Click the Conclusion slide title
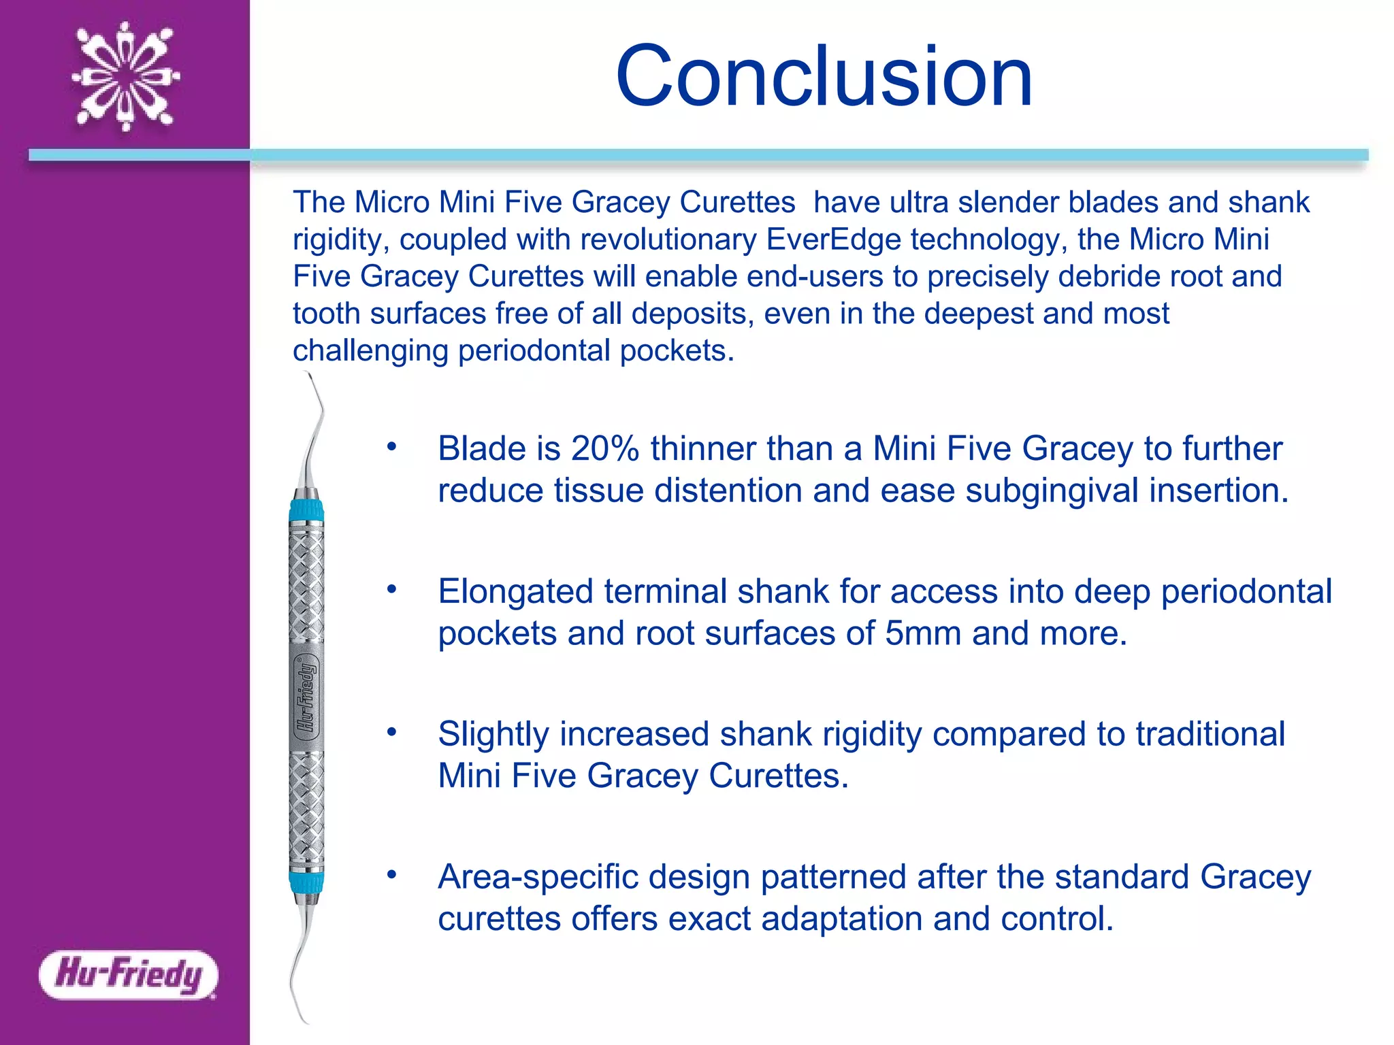point(824,76)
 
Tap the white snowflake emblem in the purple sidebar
point(126,76)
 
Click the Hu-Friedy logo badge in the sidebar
point(129,974)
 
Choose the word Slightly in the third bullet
point(493,735)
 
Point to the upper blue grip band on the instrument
point(306,510)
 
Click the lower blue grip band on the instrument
point(306,882)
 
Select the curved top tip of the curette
point(314,395)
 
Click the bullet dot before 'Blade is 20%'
point(391,447)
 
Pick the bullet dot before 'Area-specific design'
point(391,875)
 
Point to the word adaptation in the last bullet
point(841,919)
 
